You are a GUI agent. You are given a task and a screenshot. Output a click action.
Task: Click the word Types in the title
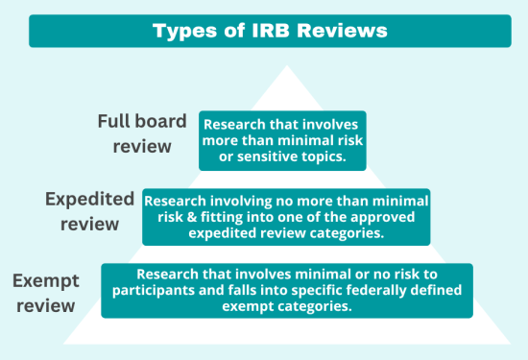click(185, 31)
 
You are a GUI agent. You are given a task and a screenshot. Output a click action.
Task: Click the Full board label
click(134, 122)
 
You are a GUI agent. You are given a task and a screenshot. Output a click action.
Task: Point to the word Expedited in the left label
click(90, 200)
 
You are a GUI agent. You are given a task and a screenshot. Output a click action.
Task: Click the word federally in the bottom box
click(366, 291)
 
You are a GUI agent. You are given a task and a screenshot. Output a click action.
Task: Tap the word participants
click(160, 291)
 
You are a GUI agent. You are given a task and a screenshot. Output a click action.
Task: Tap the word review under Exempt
click(43, 307)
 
